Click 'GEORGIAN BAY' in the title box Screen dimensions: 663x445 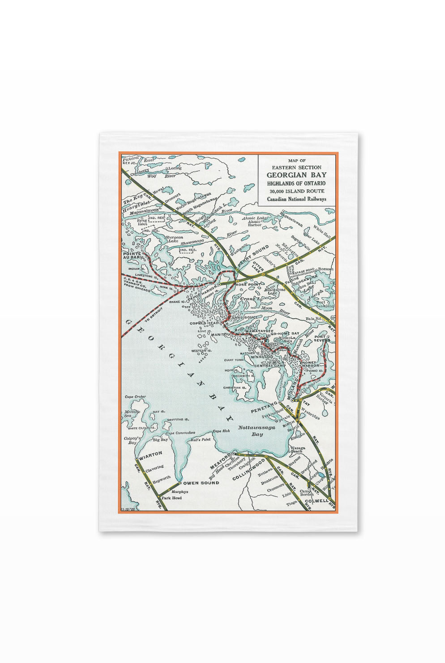coord(296,175)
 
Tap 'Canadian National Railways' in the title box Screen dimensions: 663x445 coord(296,199)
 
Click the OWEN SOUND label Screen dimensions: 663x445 coord(201,483)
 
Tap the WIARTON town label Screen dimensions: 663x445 coord(151,453)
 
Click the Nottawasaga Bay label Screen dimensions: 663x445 coord(257,431)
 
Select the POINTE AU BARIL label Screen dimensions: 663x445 coord(132,256)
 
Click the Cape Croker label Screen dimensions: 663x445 coord(135,397)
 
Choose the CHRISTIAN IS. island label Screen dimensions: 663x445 coord(235,388)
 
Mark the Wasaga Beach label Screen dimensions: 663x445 coord(298,449)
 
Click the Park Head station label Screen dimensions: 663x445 coord(171,498)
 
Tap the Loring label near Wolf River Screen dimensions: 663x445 coord(175,168)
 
